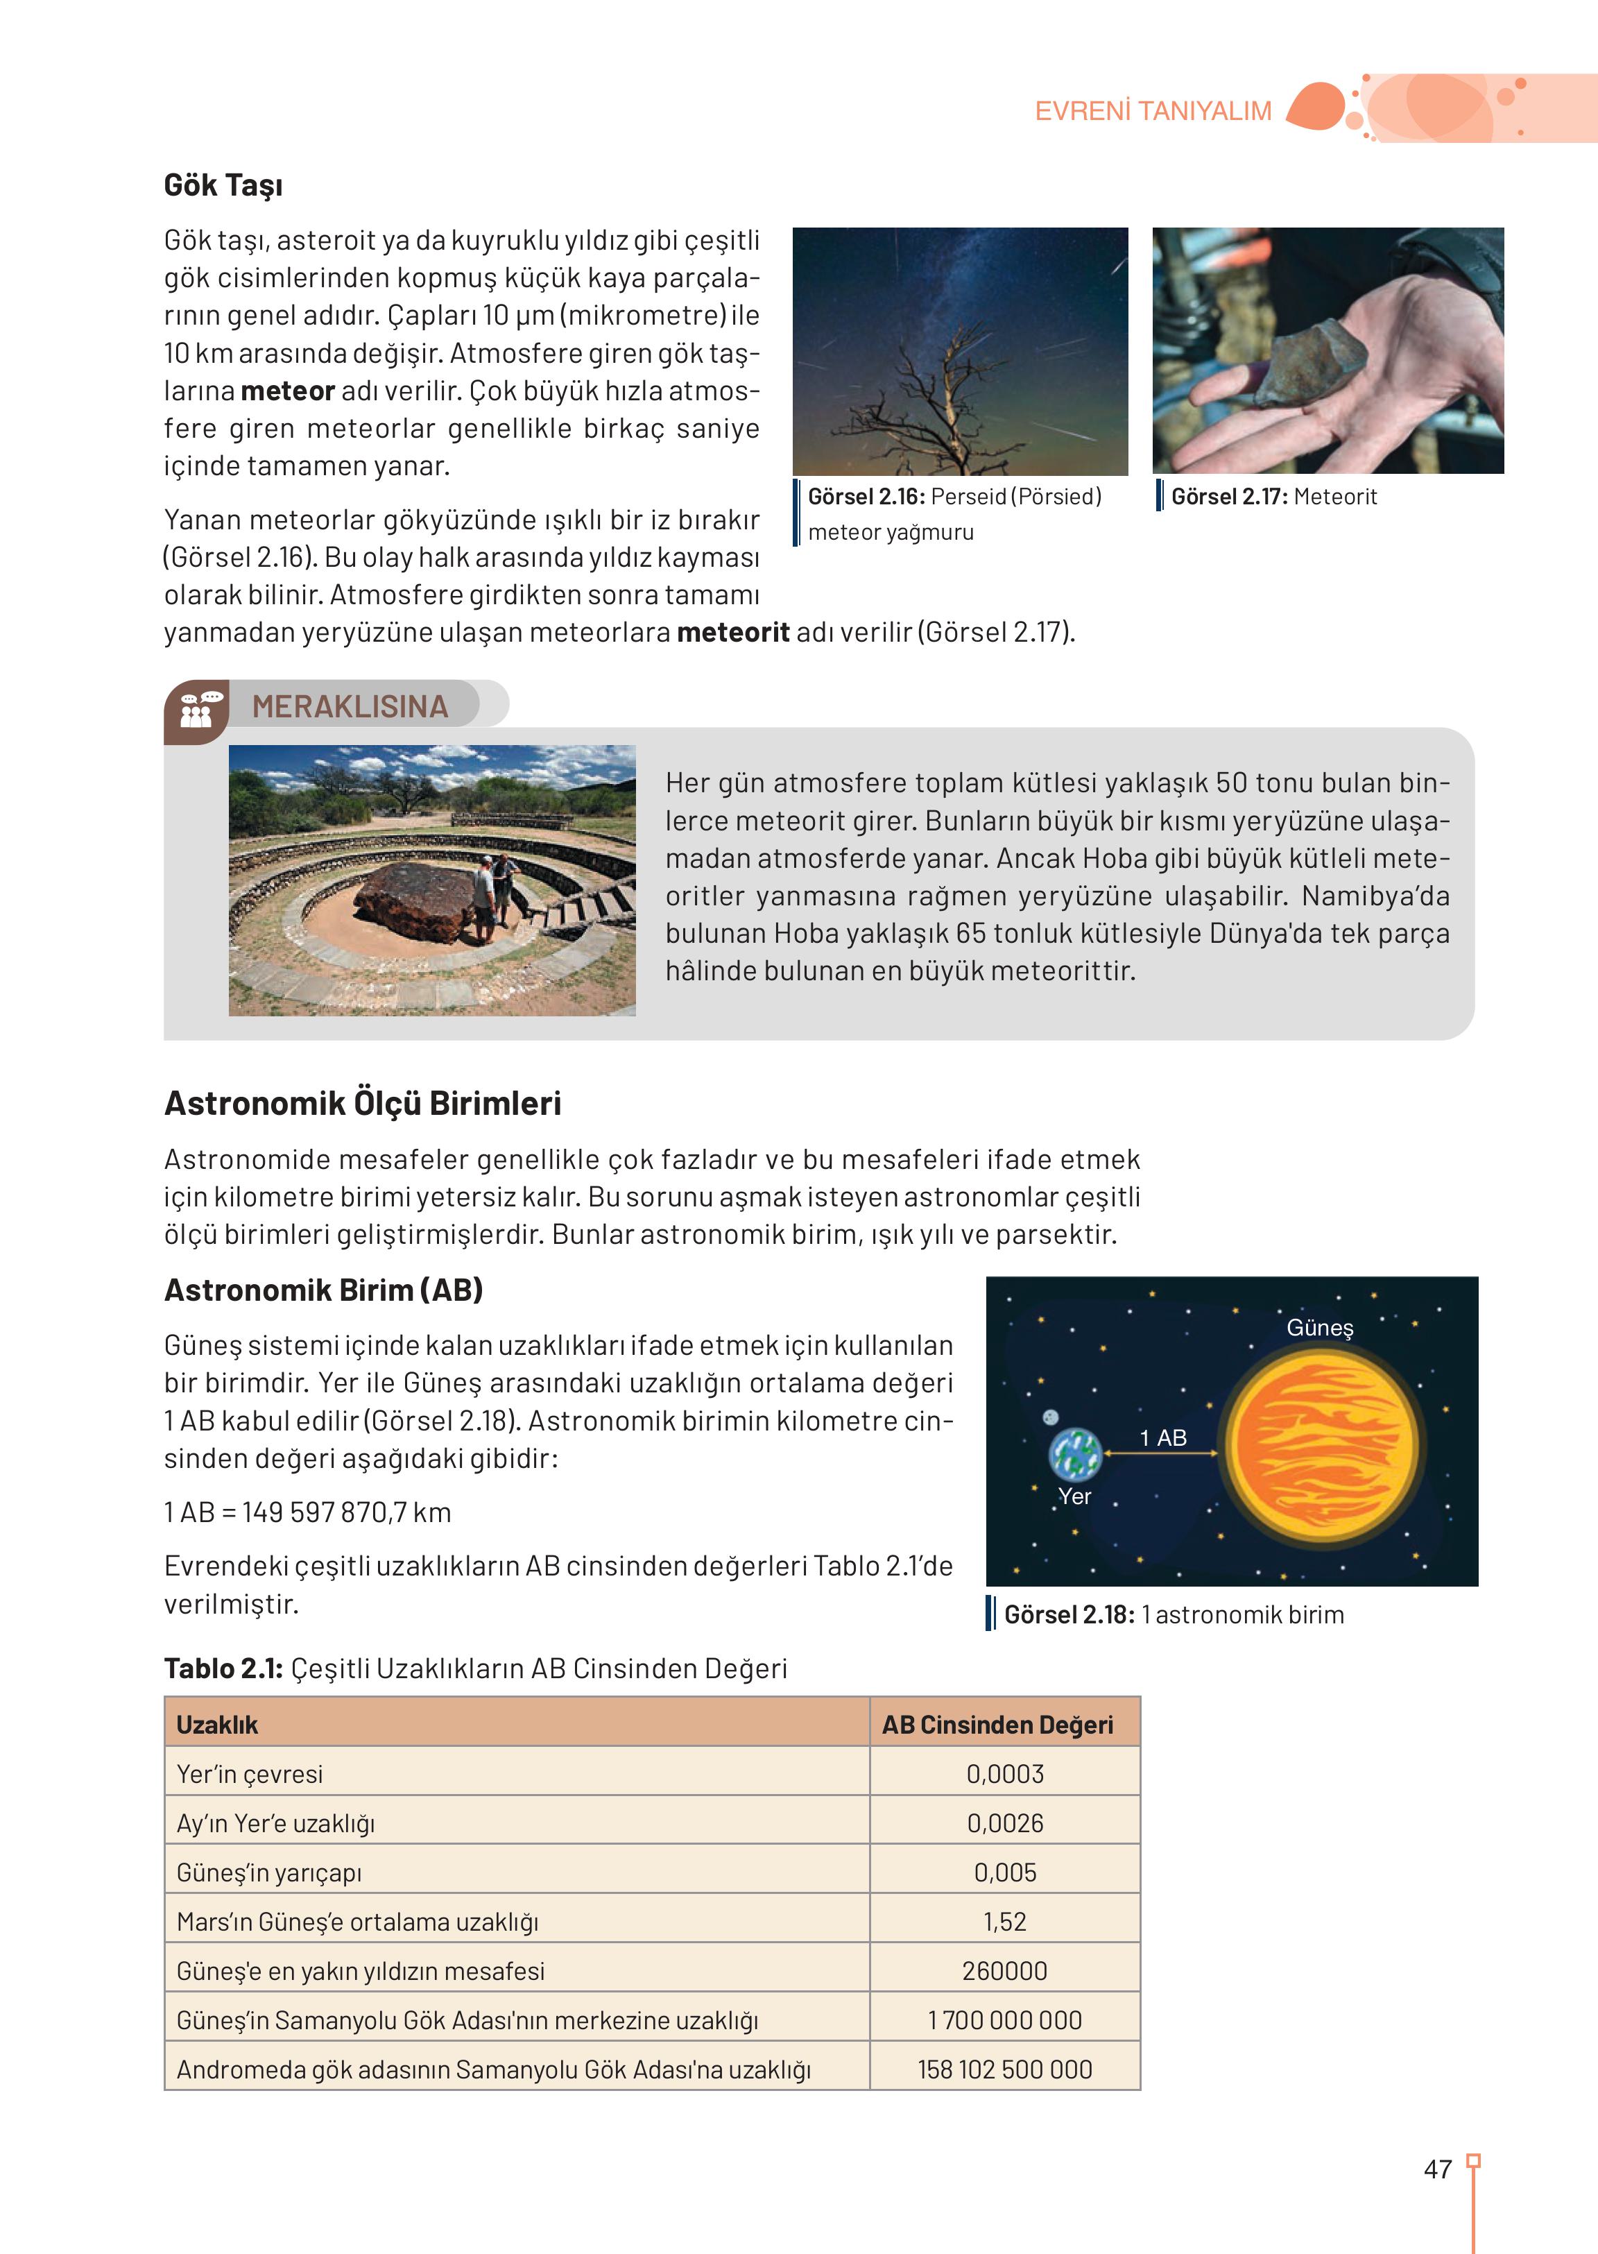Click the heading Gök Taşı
click(x=223, y=185)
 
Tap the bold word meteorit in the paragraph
click(x=732, y=632)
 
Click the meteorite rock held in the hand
click(x=1313, y=364)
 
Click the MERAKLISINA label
click(x=350, y=706)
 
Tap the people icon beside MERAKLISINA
click(x=198, y=710)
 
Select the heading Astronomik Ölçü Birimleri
click(x=362, y=1103)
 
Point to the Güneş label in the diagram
click(x=1320, y=1328)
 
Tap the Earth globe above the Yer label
click(x=1074, y=1454)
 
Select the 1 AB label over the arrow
click(x=1163, y=1437)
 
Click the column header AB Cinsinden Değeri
click(x=997, y=1725)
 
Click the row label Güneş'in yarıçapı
click(x=268, y=1872)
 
